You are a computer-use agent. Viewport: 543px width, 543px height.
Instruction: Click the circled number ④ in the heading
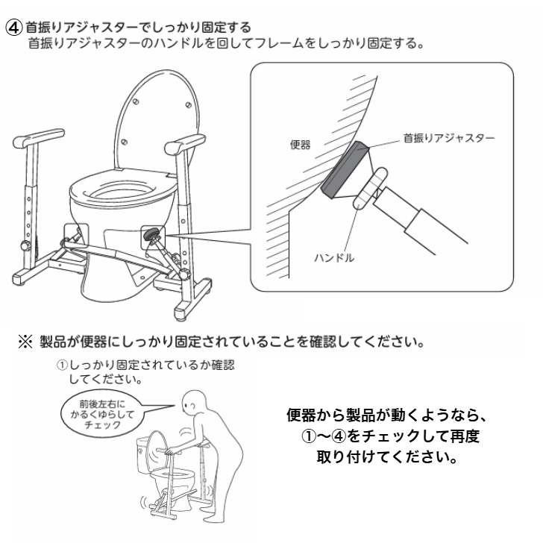tap(14, 28)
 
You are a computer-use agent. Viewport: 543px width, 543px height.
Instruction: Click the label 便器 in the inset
tap(301, 145)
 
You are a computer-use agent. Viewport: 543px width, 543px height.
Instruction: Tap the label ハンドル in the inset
tap(334, 257)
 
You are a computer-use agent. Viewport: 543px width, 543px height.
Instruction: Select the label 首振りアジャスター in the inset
tap(449, 138)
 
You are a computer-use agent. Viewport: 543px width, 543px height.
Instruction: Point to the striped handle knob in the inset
tap(370, 189)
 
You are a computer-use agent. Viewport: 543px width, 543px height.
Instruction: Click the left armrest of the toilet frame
tap(39, 138)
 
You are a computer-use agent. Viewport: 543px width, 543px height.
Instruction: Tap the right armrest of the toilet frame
tap(184, 144)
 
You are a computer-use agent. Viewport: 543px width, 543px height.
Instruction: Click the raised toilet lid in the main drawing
tap(157, 118)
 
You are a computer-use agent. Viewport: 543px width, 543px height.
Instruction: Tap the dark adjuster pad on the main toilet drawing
tap(151, 234)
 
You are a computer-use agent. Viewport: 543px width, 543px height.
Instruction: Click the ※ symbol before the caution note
tap(25, 342)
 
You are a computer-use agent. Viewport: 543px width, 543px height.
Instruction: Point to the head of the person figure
tap(194, 404)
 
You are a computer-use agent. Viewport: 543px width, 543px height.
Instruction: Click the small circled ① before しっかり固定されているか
tap(62, 365)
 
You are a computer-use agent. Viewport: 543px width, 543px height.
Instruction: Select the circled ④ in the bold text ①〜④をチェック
tap(339, 436)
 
